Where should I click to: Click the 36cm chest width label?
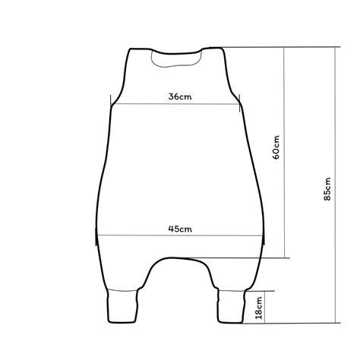tap(180, 96)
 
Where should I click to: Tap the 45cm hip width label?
tap(180, 229)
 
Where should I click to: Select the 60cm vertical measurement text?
tap(276, 147)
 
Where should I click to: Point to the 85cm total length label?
tap(327, 189)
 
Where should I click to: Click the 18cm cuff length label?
tap(259, 308)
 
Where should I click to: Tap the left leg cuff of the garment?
tap(123, 306)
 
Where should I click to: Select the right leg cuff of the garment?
tap(232, 306)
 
